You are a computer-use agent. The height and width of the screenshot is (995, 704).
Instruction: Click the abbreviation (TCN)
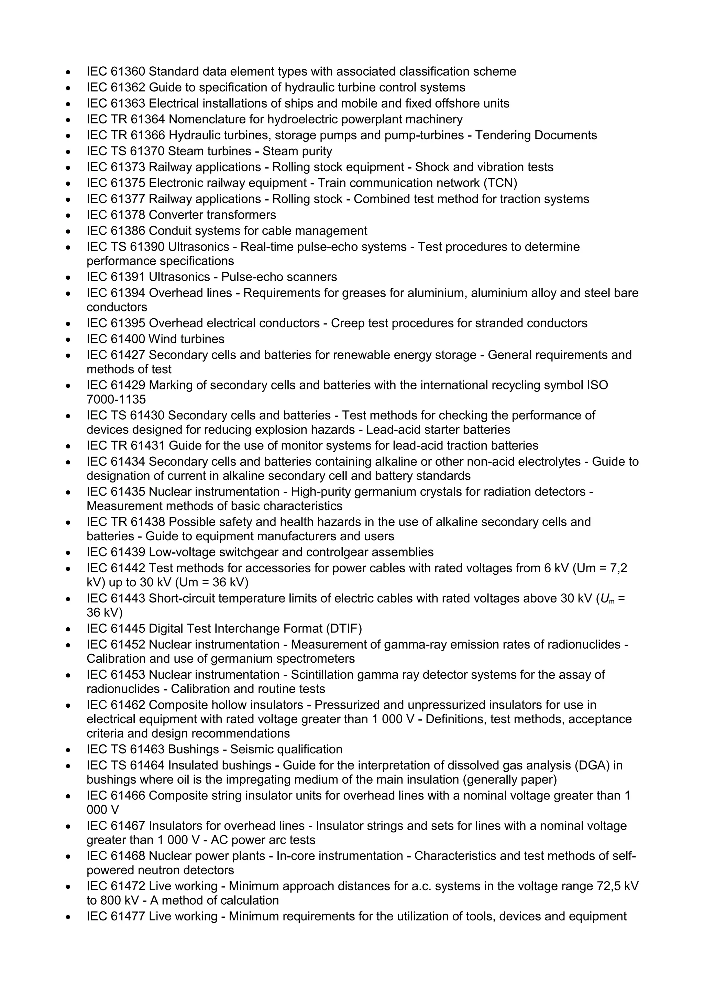[500, 183]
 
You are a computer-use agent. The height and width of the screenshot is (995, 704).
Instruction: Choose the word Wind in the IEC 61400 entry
[163, 339]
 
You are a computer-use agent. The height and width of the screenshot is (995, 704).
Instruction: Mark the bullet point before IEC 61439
[68, 553]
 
